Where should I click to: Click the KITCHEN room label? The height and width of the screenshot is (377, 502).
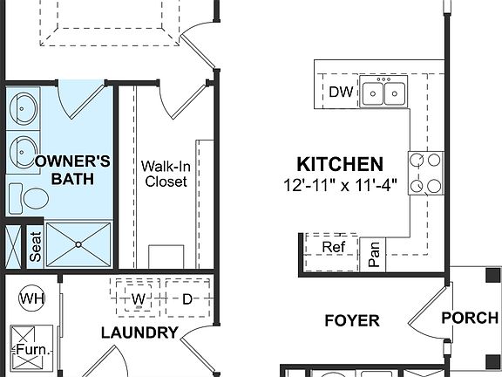coord(340,164)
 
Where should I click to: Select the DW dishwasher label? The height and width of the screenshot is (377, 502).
coord(340,93)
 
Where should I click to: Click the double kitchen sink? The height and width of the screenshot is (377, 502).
coord(384,92)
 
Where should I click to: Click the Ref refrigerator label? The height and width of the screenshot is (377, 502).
coord(334,247)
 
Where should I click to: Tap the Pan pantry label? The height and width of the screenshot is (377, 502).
coord(375,253)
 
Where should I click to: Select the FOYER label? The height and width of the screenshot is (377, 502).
coord(352,320)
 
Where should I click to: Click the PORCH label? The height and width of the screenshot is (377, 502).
coord(470,317)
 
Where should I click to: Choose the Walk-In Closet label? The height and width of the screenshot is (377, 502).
coord(166,173)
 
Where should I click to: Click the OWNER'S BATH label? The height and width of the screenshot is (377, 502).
coord(71,170)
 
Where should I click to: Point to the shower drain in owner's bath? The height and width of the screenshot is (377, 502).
coord(78,244)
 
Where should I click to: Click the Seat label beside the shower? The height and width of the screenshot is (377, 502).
coord(36,247)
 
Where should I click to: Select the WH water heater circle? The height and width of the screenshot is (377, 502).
coord(32,299)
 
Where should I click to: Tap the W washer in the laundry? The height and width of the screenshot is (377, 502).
coord(138,299)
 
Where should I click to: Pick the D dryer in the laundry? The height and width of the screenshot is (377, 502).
coord(187,299)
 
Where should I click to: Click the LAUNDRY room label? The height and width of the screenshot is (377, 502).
coord(139,332)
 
